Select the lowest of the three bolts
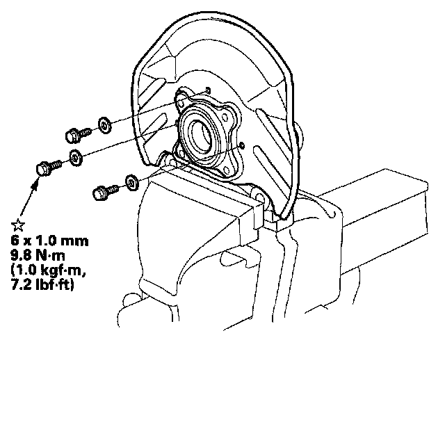[105, 188]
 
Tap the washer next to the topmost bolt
[103, 124]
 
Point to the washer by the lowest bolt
[130, 182]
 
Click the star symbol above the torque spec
[19, 225]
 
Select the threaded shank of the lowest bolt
[112, 187]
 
